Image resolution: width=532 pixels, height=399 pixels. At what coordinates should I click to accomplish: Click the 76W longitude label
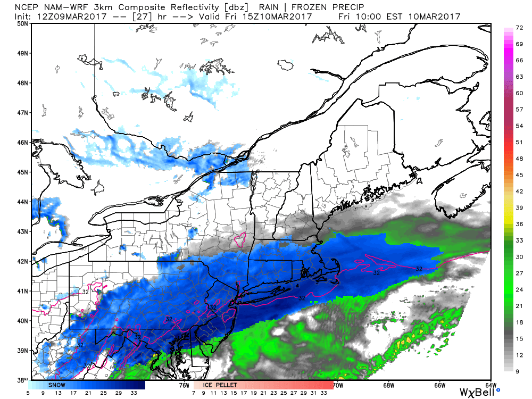[184, 385]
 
